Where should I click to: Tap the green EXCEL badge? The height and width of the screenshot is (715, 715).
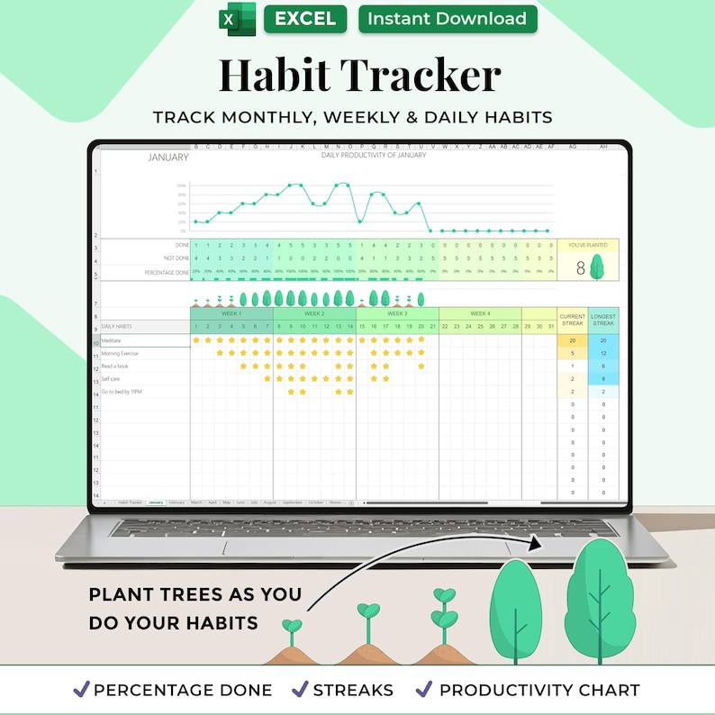[304, 19]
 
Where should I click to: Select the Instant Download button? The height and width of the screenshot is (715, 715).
[448, 19]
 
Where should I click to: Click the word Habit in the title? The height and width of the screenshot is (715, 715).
[287, 75]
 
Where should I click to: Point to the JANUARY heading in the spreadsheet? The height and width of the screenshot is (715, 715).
[167, 158]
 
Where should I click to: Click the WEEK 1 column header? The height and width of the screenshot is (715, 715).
[231, 313]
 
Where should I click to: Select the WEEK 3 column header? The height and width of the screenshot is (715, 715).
[397, 313]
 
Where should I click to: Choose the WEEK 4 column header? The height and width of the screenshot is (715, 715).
[480, 313]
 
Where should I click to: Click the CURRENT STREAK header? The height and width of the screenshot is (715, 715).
[573, 319]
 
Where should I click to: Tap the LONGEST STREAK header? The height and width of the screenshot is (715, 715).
[603, 319]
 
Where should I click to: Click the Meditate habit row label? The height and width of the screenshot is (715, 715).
[112, 341]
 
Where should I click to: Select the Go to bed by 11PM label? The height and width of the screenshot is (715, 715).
[122, 392]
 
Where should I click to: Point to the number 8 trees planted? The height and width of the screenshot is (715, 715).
[581, 267]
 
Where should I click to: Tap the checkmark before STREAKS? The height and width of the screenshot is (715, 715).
[300, 690]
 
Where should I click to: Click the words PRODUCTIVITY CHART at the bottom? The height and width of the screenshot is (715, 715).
[539, 691]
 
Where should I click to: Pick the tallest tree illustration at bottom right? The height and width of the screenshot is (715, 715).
[594, 595]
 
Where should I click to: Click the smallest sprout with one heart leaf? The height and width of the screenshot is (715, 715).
[292, 626]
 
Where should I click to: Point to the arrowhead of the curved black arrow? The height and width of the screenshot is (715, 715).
[538, 543]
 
